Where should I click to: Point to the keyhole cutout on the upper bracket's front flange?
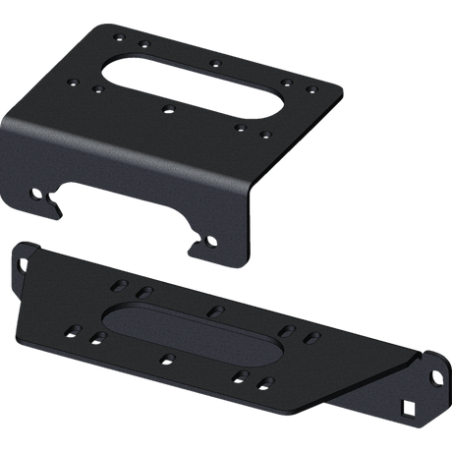click(x=40, y=195)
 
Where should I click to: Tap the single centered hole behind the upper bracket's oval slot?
click(x=213, y=62)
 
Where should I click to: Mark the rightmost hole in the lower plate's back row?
click(x=311, y=336)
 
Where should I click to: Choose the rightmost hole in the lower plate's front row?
click(x=266, y=379)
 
